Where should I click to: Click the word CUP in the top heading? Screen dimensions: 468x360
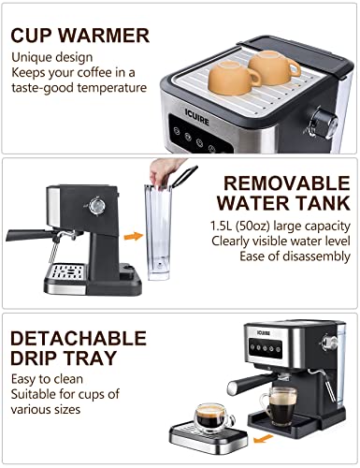point(36,37)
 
